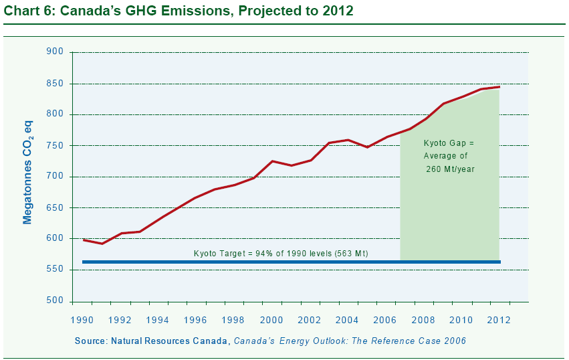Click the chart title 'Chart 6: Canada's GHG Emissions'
tap(117, 11)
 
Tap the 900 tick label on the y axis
tap(55, 52)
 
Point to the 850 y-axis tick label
tap(55, 84)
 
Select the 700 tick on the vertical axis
tap(55, 176)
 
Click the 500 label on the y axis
tap(55, 300)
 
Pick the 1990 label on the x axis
tap(82, 320)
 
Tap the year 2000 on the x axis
tap(271, 320)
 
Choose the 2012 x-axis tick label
tap(499, 320)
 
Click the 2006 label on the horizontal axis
tap(385, 320)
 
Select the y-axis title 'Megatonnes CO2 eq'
tap(27, 172)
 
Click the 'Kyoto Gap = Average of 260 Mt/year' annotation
tap(449, 156)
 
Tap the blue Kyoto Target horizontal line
tap(292, 262)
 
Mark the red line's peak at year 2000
tap(272, 161)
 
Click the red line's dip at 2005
tap(367, 147)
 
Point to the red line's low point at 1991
tap(102, 244)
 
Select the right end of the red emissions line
tap(499, 87)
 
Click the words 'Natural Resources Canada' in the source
tap(169, 341)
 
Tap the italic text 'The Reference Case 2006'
tap(409, 341)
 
